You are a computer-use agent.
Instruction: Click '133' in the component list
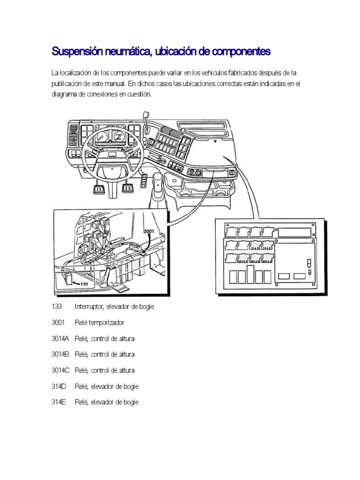point(57,307)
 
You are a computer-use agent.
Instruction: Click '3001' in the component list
point(59,322)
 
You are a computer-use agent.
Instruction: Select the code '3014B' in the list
point(60,354)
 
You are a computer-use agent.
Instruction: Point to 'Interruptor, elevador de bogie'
point(114,307)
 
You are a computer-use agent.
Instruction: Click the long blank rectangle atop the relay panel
point(295,232)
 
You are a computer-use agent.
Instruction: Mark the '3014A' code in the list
point(60,338)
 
